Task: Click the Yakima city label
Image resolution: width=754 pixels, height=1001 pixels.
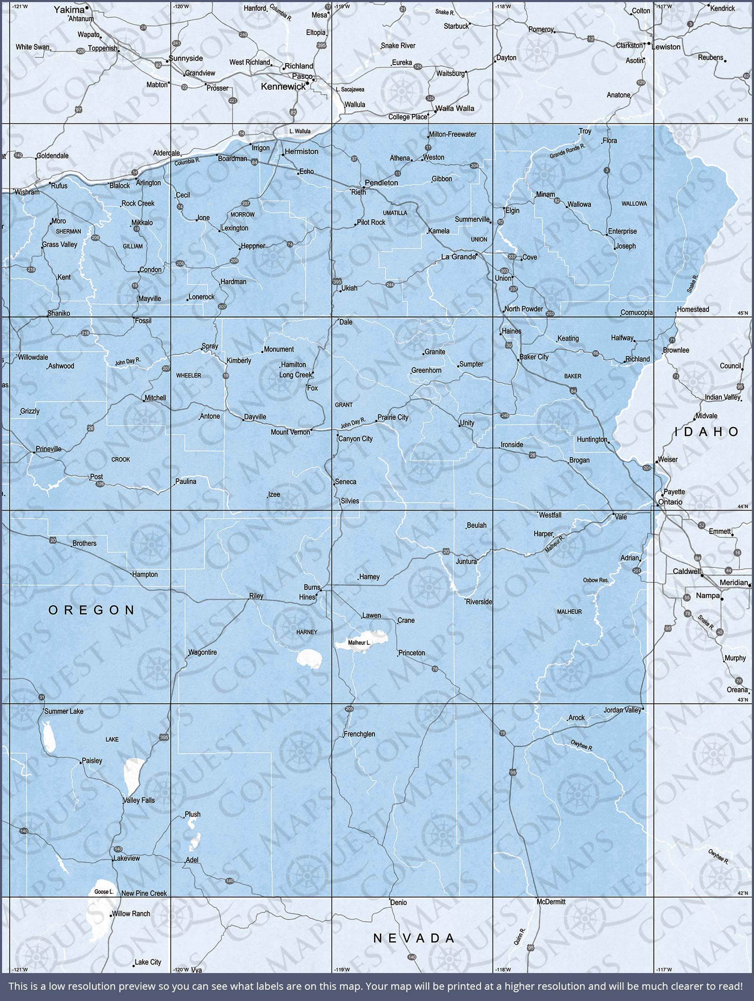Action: click(x=69, y=10)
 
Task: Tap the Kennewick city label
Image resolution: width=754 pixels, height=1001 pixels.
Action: click(x=283, y=86)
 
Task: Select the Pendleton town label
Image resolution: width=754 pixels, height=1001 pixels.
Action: click(x=381, y=183)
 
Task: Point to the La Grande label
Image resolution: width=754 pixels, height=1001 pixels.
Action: click(x=458, y=257)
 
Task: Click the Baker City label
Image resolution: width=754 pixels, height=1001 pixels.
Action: click(x=534, y=357)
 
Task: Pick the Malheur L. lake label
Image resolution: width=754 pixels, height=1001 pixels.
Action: click(x=359, y=642)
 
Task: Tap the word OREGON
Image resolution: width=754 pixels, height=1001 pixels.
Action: click(x=91, y=610)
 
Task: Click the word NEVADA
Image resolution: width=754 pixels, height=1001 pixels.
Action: click(x=414, y=938)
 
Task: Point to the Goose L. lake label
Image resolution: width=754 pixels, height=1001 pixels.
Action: click(x=104, y=891)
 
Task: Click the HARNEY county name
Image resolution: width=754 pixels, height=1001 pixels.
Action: click(x=307, y=632)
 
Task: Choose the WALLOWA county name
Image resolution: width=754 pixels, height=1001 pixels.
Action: click(x=634, y=204)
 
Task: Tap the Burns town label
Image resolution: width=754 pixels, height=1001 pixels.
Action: click(x=312, y=587)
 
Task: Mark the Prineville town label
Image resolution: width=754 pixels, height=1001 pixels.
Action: click(x=48, y=449)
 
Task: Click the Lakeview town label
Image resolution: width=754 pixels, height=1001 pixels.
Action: click(x=127, y=858)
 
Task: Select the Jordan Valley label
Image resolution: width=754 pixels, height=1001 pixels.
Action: click(x=622, y=710)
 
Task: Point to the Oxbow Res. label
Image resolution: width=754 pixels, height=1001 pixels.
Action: click(x=596, y=580)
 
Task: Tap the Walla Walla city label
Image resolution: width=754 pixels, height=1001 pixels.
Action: click(x=455, y=108)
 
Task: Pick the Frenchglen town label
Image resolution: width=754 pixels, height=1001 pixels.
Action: click(x=359, y=734)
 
